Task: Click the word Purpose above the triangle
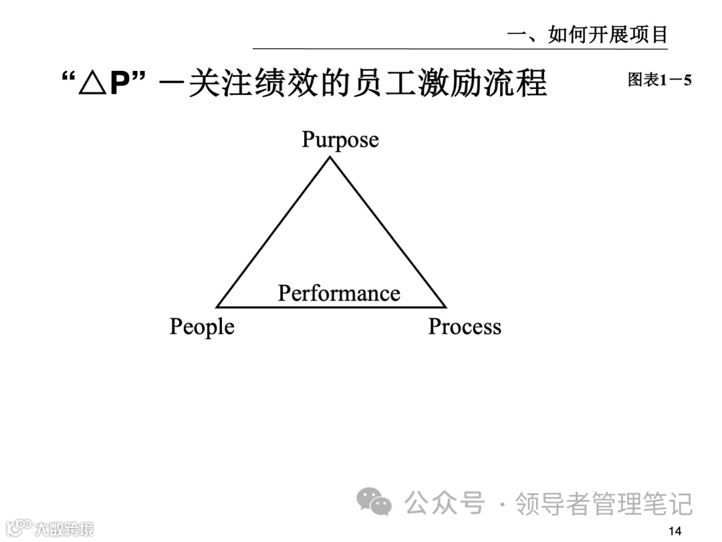click(x=340, y=140)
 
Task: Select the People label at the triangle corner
click(x=202, y=327)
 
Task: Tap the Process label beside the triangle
click(x=465, y=327)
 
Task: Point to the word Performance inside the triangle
click(x=339, y=293)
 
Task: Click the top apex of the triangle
click(x=329, y=157)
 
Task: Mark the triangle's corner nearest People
click(x=218, y=306)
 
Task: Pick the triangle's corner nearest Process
click(x=445, y=306)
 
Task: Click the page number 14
click(x=675, y=531)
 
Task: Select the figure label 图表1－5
click(x=659, y=80)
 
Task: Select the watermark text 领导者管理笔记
click(x=604, y=503)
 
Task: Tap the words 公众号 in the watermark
click(x=445, y=503)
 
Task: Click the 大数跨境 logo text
click(x=64, y=529)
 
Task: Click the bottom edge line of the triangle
click(x=331, y=307)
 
